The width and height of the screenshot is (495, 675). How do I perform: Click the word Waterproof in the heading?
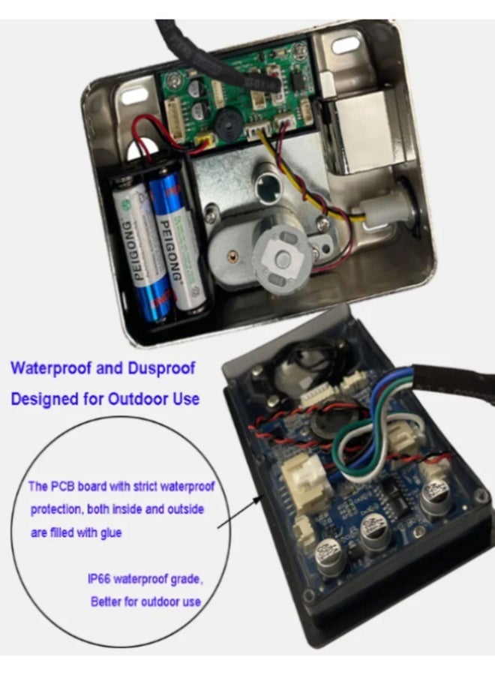pos(51,368)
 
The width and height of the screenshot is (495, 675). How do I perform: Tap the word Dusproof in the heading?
pos(161,368)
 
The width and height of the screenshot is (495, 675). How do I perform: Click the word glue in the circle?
pos(111,533)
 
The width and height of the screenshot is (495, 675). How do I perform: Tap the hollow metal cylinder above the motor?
pos(269,187)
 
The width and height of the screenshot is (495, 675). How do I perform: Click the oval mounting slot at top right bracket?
pos(346,45)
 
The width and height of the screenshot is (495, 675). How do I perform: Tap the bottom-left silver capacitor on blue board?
pos(331,556)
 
